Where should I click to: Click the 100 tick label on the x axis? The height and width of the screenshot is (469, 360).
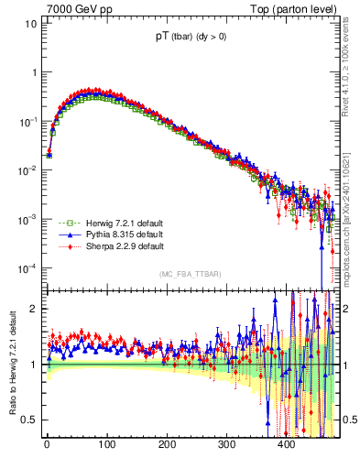[107, 444]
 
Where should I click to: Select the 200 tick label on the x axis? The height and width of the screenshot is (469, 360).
[167, 444]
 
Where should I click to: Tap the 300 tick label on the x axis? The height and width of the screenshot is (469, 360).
[226, 444]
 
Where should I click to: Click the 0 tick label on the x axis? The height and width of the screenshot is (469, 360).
[47, 444]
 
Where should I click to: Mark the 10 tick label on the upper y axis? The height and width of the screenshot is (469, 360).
[30, 24]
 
